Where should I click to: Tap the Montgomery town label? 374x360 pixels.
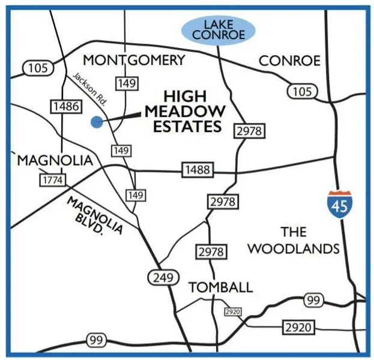point(134,60)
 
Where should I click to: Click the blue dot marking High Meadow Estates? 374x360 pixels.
point(96,122)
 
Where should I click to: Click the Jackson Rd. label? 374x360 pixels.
point(89,90)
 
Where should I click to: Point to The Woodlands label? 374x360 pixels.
point(294,240)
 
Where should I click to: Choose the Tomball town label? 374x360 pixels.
point(220,287)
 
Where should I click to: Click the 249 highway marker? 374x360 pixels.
point(163,277)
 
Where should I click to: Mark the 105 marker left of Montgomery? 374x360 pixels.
point(37,68)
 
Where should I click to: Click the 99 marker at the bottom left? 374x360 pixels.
point(96,341)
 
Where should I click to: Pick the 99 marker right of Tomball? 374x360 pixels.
point(312,300)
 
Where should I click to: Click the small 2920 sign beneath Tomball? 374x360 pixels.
point(232,312)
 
